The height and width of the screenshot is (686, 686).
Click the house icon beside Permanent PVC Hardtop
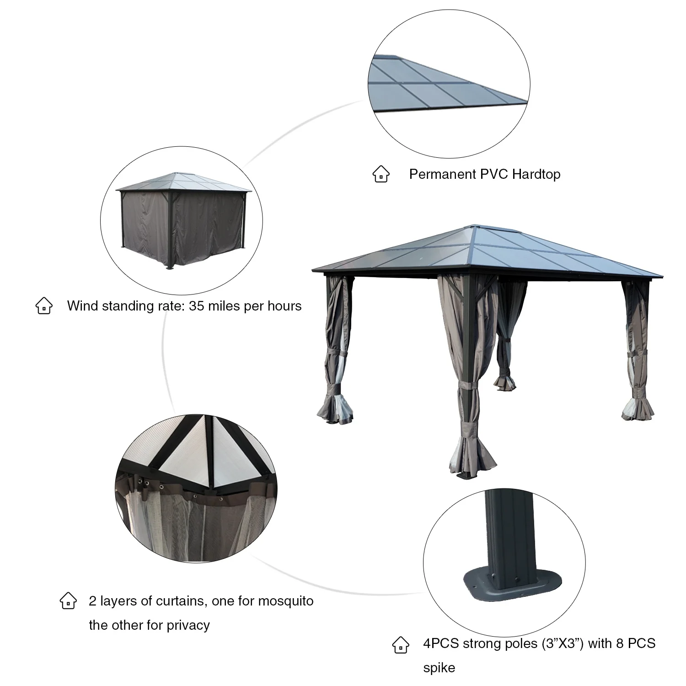pyautogui.click(x=381, y=174)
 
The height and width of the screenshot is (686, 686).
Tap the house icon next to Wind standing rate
pyautogui.click(x=44, y=305)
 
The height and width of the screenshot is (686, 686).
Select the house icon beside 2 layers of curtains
pyautogui.click(x=68, y=600)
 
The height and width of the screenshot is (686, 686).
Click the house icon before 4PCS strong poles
pyautogui.click(x=401, y=644)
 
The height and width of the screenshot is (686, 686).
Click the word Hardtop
pyautogui.click(x=536, y=174)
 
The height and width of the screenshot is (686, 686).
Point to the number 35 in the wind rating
pyautogui.click(x=196, y=305)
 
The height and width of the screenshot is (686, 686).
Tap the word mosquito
pyautogui.click(x=286, y=600)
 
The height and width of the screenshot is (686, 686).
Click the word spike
pyautogui.click(x=439, y=667)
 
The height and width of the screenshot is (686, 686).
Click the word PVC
pyautogui.click(x=494, y=174)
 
